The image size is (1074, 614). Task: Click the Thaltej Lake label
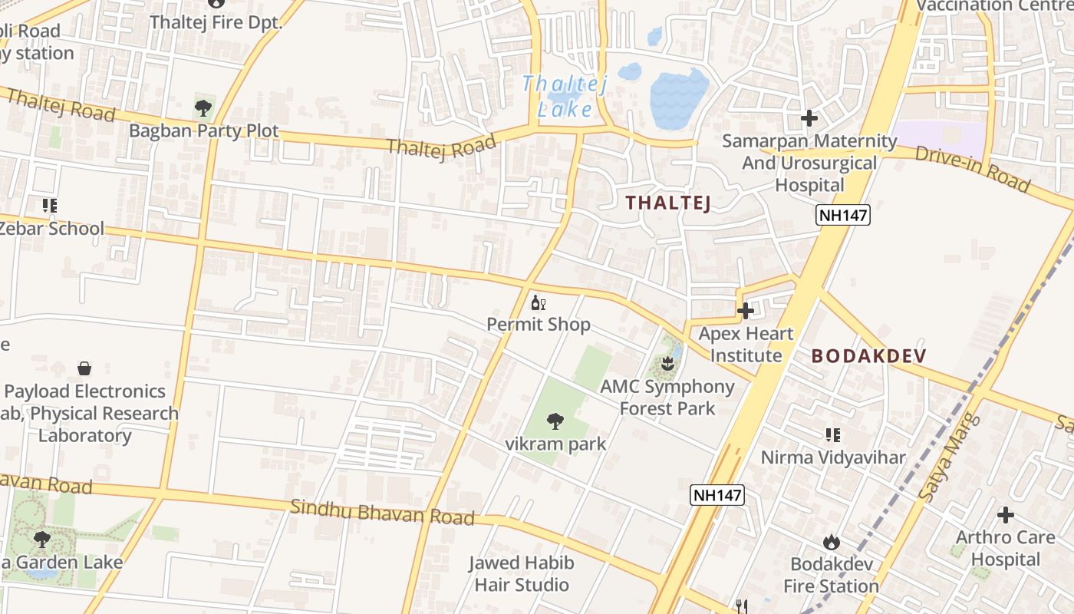tap(565, 96)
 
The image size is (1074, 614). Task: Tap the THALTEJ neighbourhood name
tap(667, 203)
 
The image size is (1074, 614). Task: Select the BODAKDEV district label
tap(869, 356)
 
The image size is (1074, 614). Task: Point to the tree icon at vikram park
tap(555, 421)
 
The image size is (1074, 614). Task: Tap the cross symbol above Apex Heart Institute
tap(745, 311)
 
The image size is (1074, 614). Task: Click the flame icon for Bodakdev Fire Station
tap(831, 543)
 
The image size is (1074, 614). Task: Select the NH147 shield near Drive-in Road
tap(843, 216)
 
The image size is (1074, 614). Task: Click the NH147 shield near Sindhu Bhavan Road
tap(717, 495)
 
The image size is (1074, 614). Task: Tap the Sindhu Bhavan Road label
tap(383, 512)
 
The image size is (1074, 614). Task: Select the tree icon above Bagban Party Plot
tap(203, 107)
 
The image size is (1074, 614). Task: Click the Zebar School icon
tap(50, 206)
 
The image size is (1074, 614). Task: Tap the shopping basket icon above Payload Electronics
tap(84, 368)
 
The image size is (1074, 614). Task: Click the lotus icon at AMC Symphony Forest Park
tap(667, 363)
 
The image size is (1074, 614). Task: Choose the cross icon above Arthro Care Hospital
tap(1005, 514)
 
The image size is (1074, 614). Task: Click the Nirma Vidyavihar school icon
tap(833, 435)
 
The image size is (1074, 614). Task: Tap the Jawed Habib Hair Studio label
tap(522, 574)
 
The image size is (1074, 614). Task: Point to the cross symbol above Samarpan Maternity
tap(809, 118)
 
